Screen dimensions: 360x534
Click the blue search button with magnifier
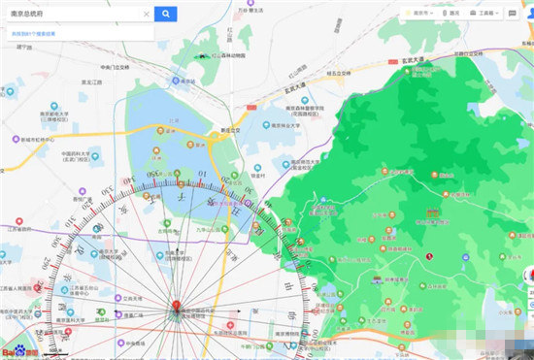(x=166, y=14)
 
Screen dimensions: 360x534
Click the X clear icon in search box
(x=147, y=14)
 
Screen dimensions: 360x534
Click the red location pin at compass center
(x=176, y=310)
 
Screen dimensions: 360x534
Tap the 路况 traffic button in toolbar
(x=451, y=14)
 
